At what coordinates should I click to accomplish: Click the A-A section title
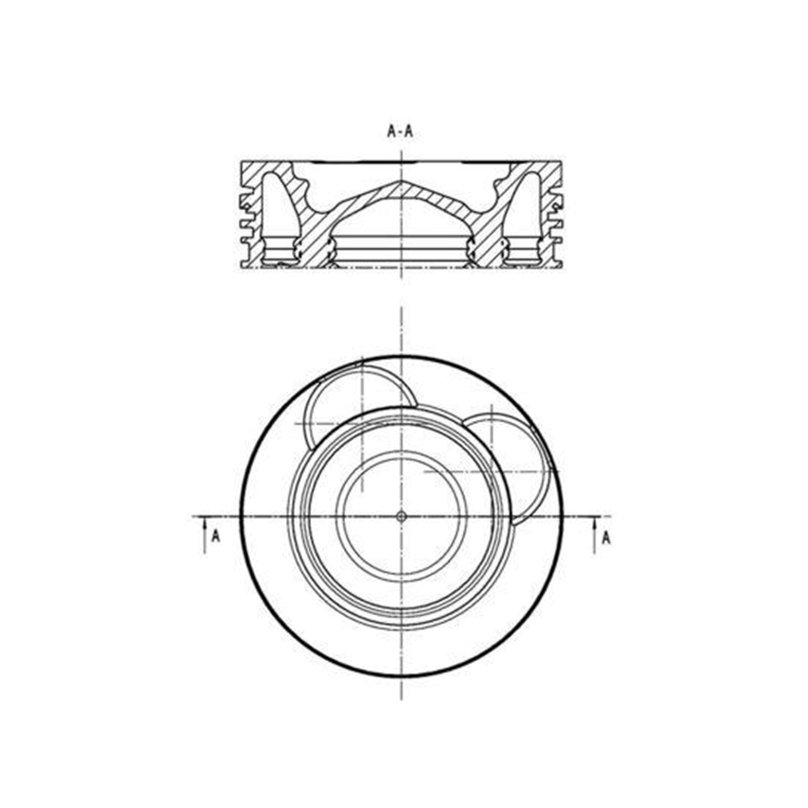[400, 131]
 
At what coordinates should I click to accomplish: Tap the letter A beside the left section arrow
[216, 536]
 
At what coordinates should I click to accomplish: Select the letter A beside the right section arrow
[606, 538]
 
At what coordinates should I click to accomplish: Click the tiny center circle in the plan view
[401, 516]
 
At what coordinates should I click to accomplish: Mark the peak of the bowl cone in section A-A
[402, 182]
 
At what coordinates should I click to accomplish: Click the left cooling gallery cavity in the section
[279, 217]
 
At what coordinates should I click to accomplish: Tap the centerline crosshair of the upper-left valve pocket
[363, 423]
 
